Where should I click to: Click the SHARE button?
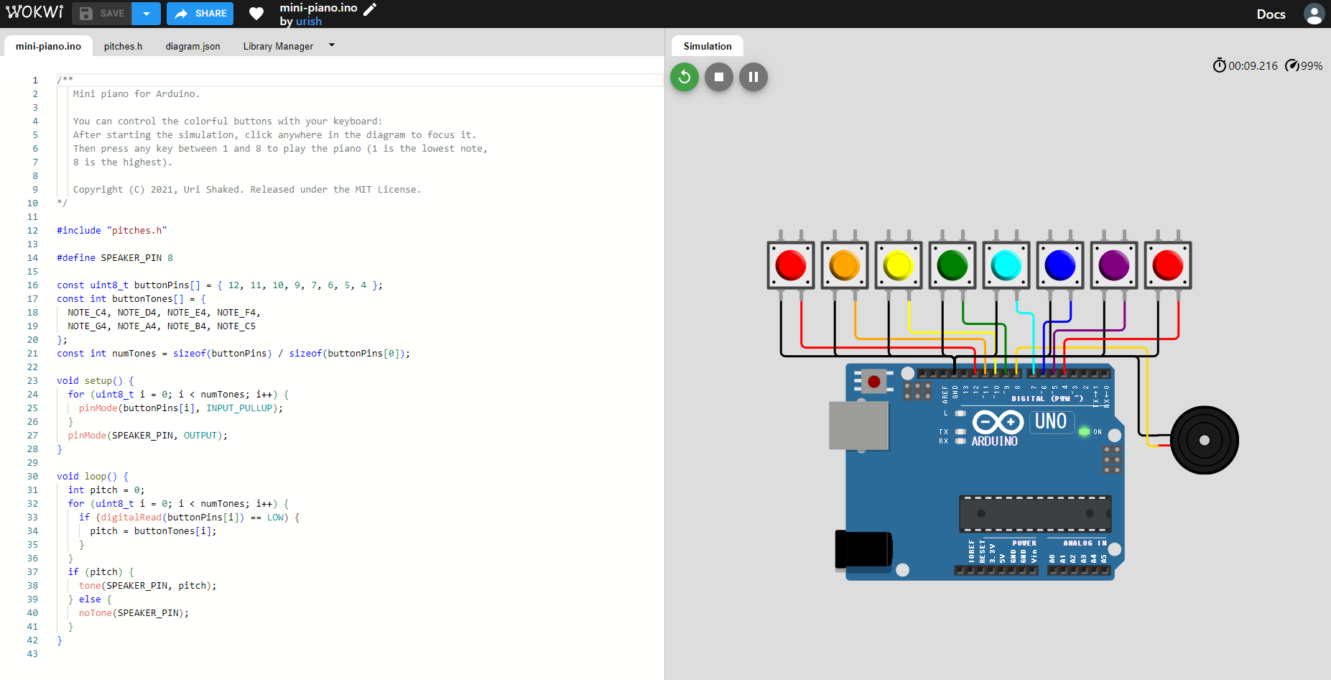point(200,14)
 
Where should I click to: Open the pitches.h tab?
point(123,46)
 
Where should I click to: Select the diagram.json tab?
point(193,46)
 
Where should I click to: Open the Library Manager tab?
point(278,46)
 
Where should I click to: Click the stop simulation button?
point(718,77)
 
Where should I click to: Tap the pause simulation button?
point(753,77)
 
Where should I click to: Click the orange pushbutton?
point(844,265)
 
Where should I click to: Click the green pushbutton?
point(952,265)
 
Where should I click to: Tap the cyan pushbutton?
point(1006,265)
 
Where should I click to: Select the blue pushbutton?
point(1059,265)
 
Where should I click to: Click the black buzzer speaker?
point(1204,440)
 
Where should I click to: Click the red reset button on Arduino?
point(873,382)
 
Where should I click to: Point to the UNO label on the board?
point(1050,421)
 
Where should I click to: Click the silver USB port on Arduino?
point(858,426)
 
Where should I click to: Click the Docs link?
point(1270,14)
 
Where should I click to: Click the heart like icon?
point(256,14)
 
